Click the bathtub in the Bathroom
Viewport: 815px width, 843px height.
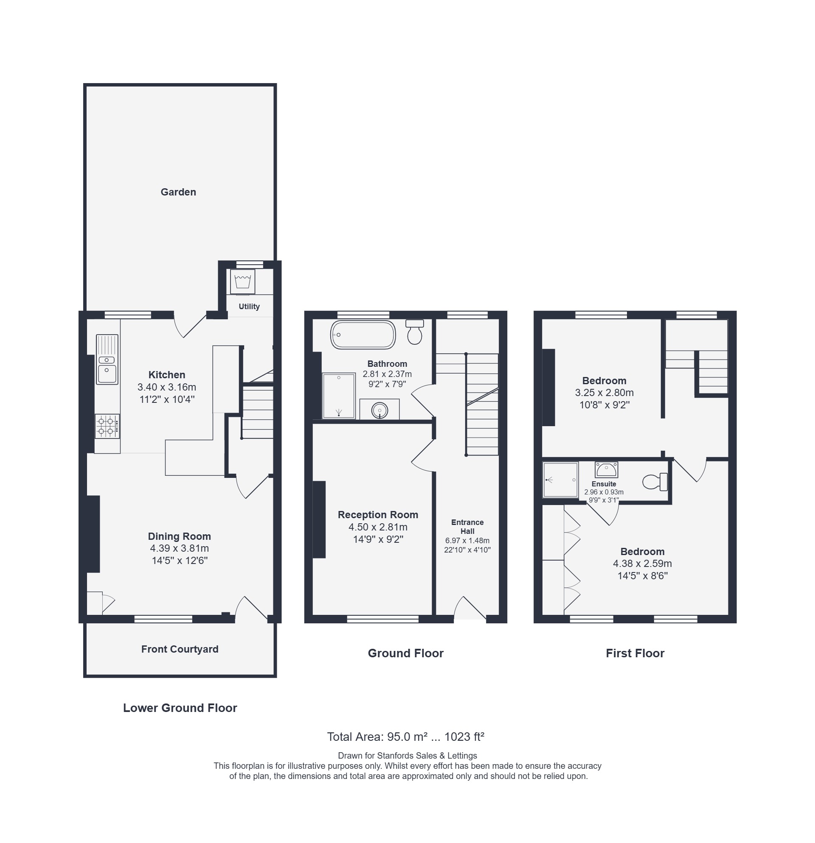coord(363,334)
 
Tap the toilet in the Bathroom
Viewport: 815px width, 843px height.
coord(415,332)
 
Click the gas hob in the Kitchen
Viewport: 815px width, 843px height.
coord(107,426)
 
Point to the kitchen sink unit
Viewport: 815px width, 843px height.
coord(107,359)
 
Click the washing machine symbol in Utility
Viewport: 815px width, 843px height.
coord(242,282)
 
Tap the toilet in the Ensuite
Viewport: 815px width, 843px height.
coord(655,482)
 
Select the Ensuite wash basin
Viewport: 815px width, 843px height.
coord(606,470)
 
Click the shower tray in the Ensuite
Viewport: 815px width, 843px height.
coord(560,480)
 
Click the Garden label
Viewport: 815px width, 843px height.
coord(178,192)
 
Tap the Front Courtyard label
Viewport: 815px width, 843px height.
coord(180,649)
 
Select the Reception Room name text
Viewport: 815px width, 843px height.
coord(378,514)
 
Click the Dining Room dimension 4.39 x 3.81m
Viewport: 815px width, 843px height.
coord(180,548)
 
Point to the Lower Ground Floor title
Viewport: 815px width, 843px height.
coord(180,708)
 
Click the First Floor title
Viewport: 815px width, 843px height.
coord(635,653)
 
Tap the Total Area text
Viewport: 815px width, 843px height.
coord(406,737)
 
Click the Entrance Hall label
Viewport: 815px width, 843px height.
coord(467,526)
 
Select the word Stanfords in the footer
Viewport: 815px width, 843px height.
coord(395,756)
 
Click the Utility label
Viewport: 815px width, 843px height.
coord(249,306)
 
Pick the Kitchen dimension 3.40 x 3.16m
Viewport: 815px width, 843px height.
coord(167,387)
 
